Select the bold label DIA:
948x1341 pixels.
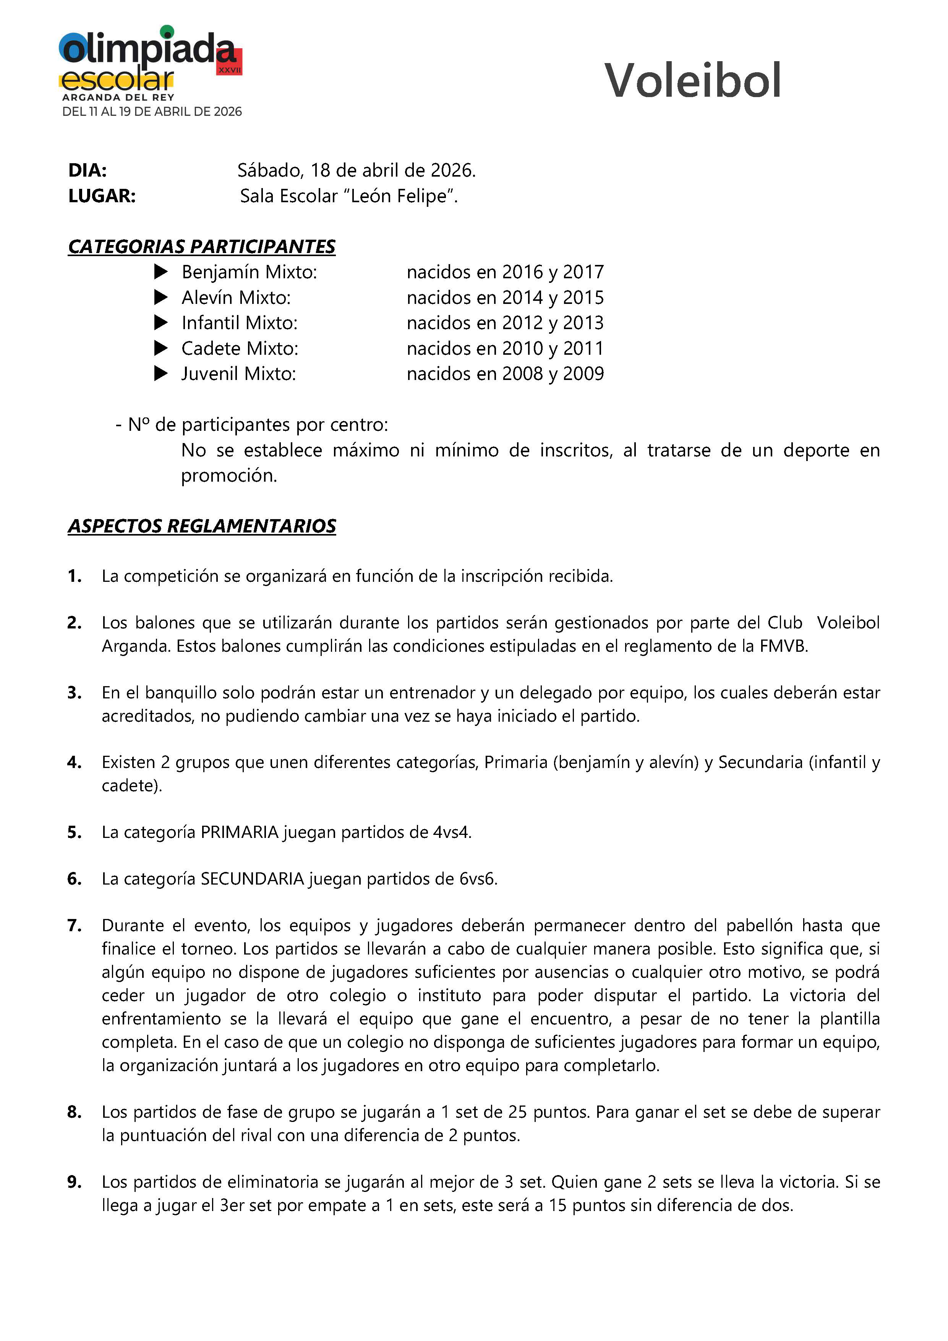point(88,170)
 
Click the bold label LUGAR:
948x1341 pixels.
point(102,196)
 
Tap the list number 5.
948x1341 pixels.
point(74,832)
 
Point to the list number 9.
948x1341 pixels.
point(74,1182)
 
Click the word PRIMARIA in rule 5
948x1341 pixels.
point(239,832)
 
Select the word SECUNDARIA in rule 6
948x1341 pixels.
point(252,878)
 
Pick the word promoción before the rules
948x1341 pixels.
point(228,476)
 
